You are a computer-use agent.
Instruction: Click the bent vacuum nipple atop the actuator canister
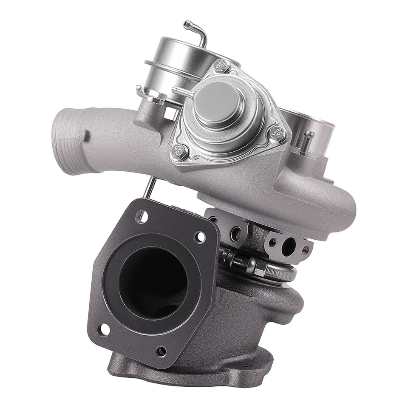196,31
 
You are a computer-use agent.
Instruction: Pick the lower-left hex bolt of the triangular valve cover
180,150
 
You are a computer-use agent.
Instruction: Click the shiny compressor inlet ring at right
312,123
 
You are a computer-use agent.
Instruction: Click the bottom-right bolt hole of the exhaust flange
161,351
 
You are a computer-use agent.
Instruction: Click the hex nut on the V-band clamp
261,268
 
